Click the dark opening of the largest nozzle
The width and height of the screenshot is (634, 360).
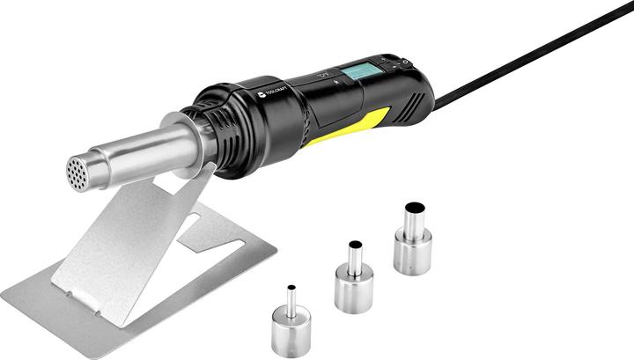click(x=414, y=209)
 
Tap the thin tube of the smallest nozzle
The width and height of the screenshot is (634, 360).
click(x=291, y=299)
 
